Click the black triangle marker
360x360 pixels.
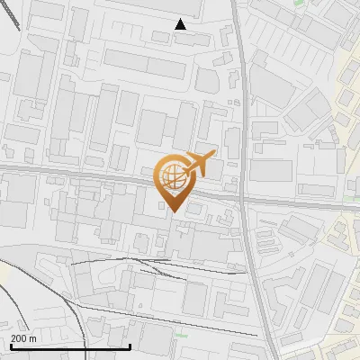181,24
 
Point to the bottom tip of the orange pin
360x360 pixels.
172,211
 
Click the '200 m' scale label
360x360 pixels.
23,338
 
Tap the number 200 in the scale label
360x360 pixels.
19,338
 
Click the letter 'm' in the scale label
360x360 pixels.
33,338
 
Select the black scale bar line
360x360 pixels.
70,346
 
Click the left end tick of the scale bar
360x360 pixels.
10,345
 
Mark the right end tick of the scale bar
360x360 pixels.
130,345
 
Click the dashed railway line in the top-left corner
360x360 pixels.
13,13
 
